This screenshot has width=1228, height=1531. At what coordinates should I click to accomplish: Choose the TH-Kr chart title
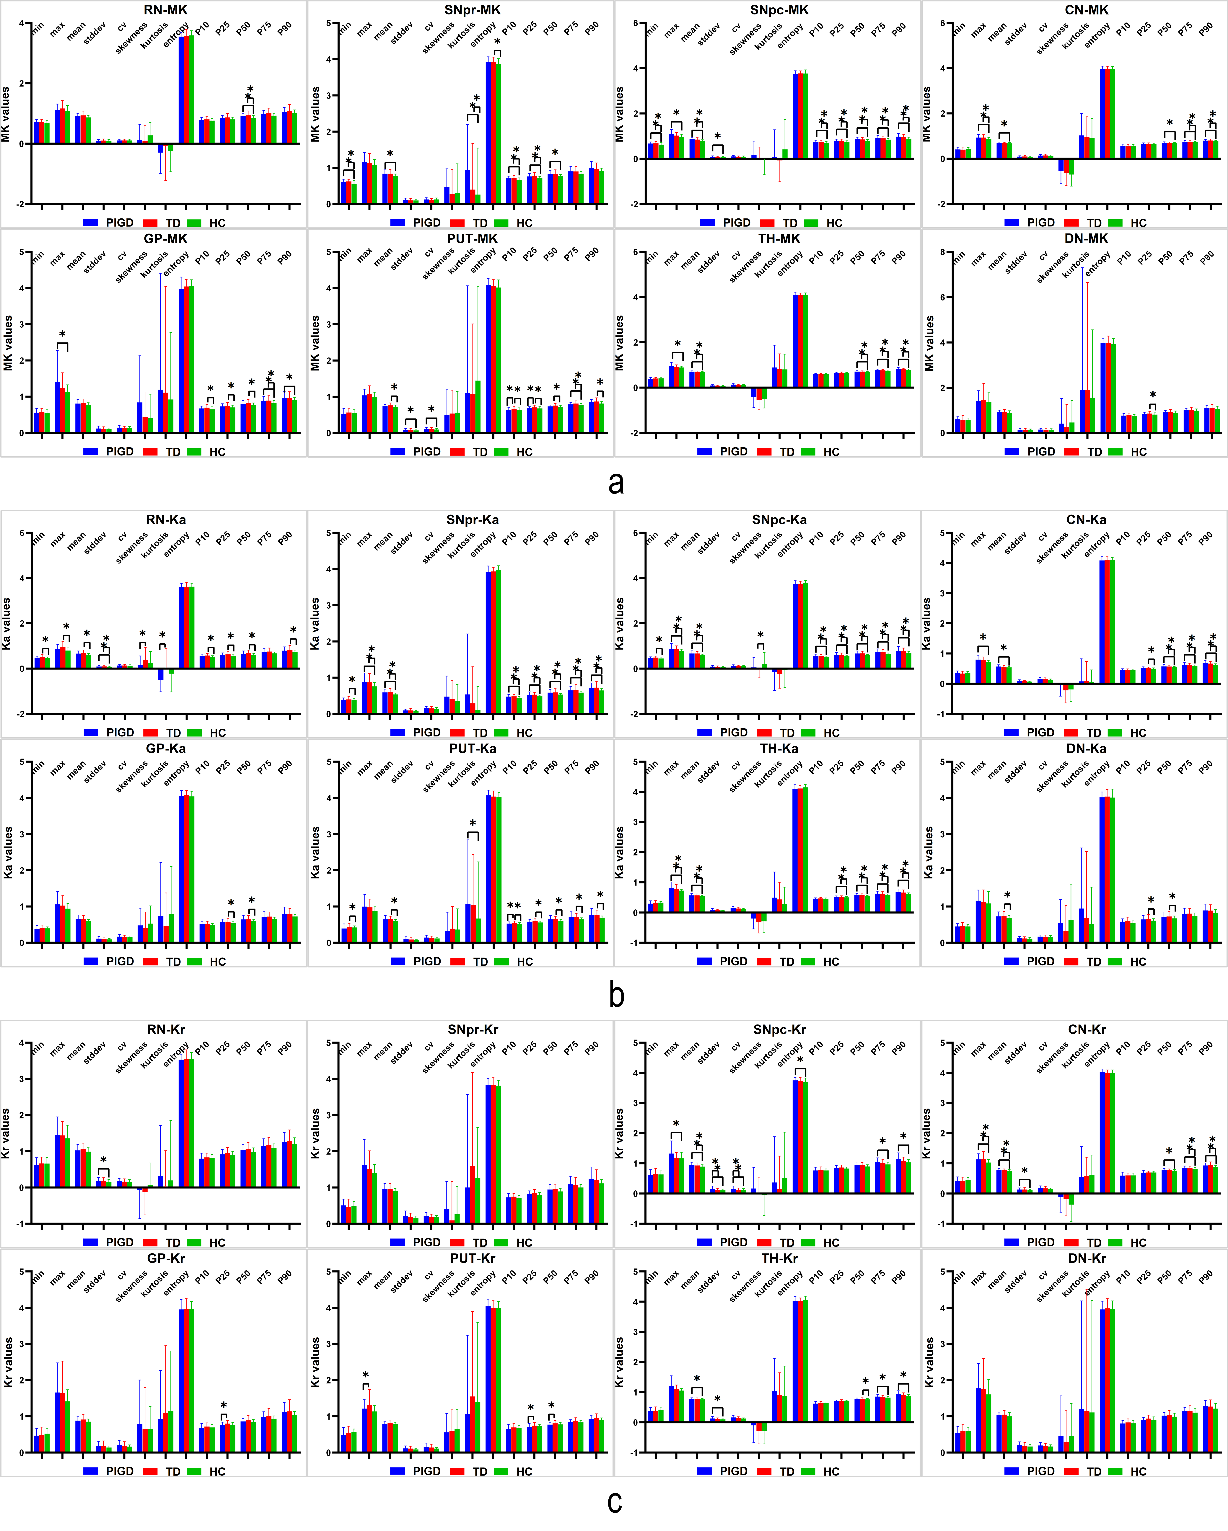(779, 1258)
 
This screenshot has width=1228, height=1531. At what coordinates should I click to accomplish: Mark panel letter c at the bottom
(615, 1502)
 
